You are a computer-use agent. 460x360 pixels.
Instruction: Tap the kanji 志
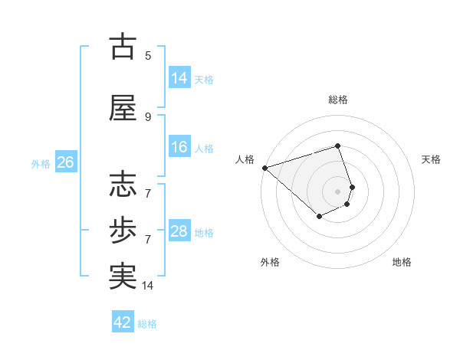pos(123,185)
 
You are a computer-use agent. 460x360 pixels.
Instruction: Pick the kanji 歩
pos(123,229)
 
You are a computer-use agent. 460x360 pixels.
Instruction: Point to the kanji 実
pos(123,276)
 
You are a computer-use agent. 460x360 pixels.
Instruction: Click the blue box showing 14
pos(179,78)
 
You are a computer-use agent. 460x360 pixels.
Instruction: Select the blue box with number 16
pos(179,147)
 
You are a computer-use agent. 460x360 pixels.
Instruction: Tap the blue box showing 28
pos(179,231)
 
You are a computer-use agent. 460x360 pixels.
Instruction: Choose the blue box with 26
pos(65,162)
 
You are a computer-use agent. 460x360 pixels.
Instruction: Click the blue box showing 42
pos(123,322)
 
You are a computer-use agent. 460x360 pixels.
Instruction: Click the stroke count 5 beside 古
pos(148,55)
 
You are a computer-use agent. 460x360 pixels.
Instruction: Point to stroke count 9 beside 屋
pos(148,116)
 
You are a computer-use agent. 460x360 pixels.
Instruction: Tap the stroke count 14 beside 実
pos(148,286)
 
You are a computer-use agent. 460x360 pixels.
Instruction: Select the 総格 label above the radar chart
pos(338,100)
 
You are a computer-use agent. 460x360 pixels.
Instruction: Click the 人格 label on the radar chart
pos(245,159)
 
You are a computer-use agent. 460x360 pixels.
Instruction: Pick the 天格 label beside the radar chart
pos(432,159)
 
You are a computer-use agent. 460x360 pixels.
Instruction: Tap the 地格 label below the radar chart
pos(402,262)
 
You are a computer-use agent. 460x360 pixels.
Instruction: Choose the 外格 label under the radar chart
pos(270,262)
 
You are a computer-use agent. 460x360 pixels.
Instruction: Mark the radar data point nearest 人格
pos(264,168)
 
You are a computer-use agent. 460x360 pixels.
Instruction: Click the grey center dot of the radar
pos(338,191)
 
